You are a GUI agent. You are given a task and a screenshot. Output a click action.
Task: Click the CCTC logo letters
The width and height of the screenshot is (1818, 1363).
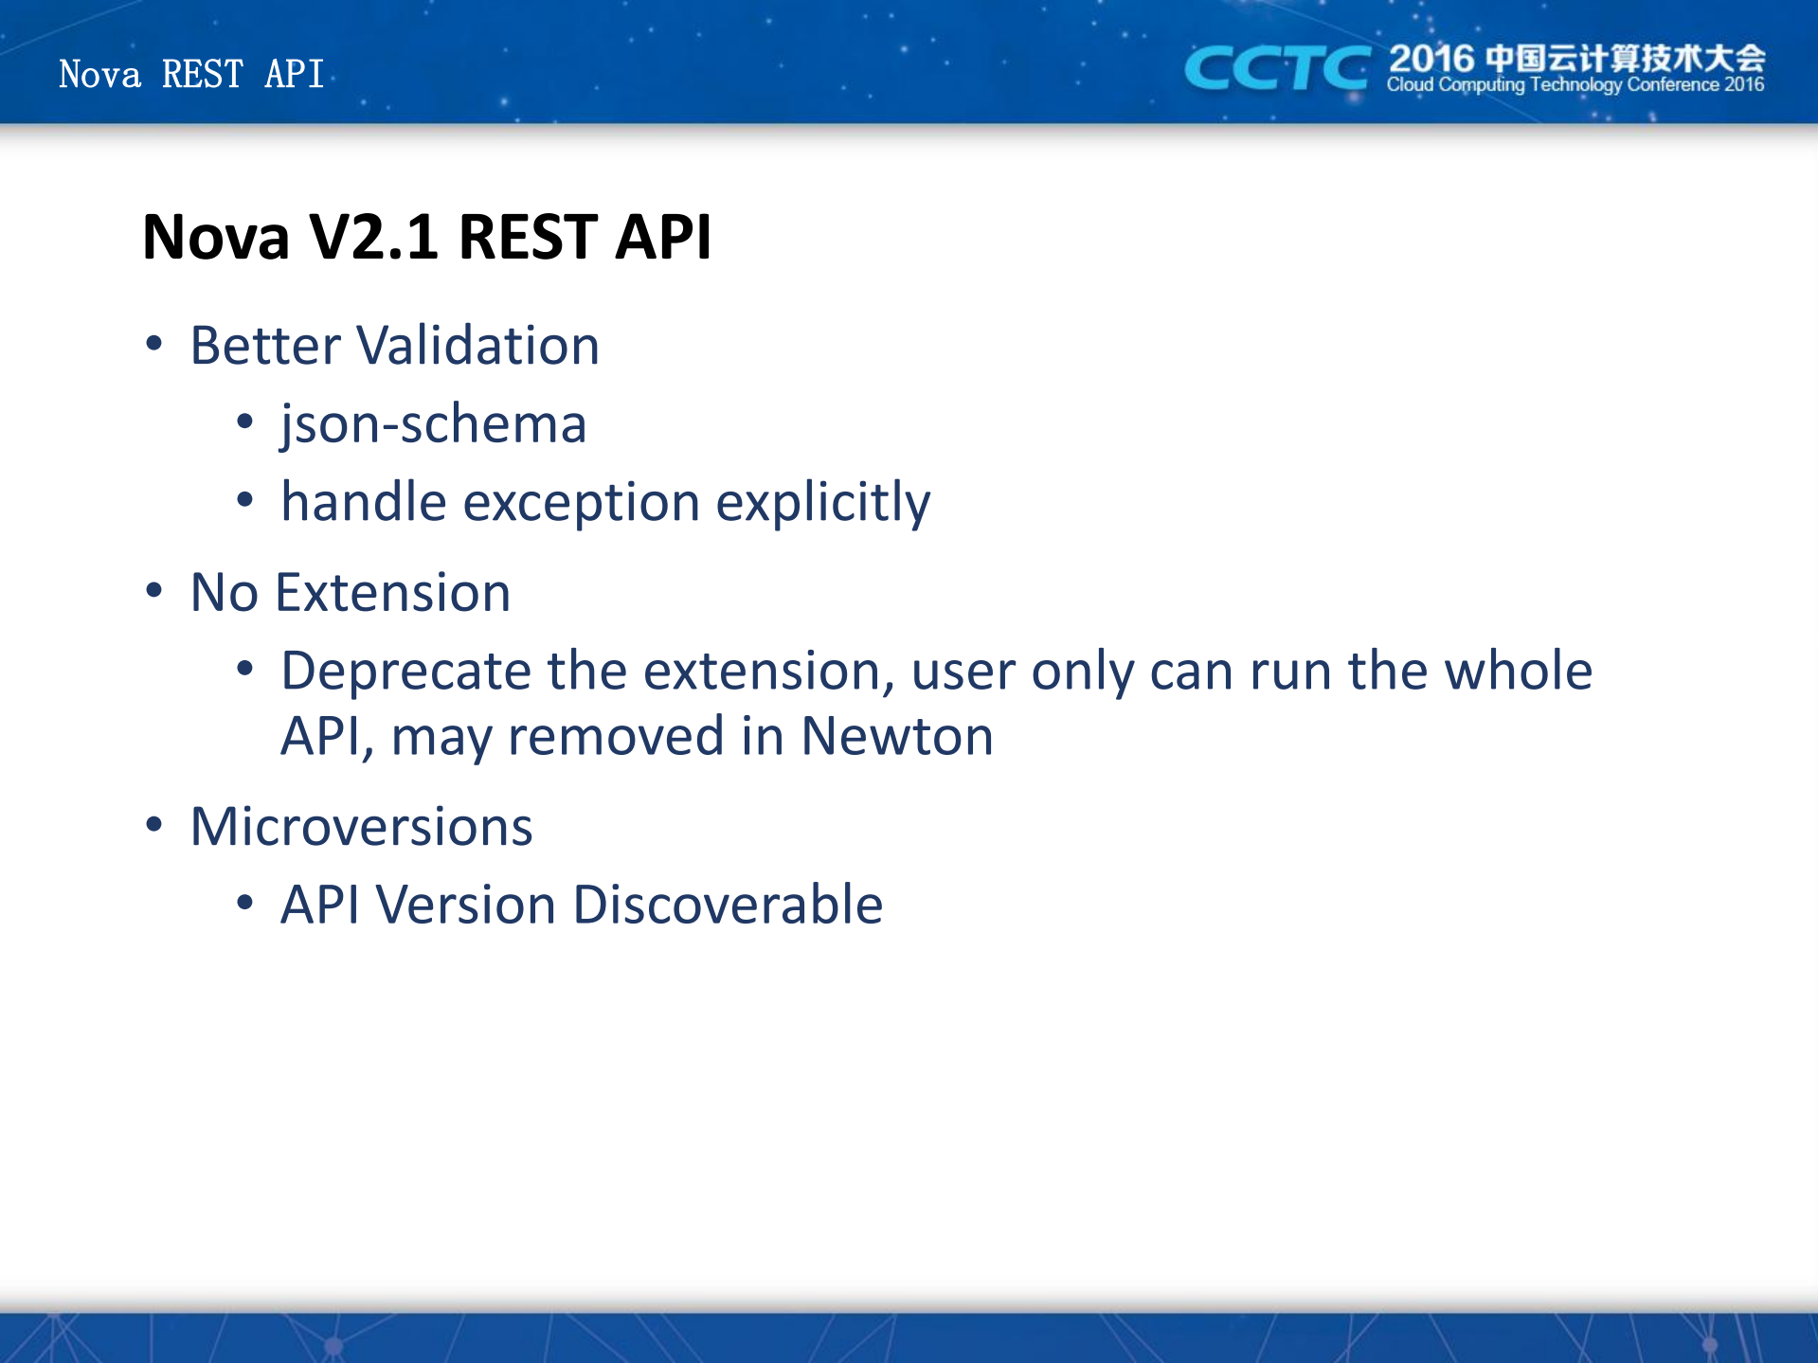(x=1277, y=69)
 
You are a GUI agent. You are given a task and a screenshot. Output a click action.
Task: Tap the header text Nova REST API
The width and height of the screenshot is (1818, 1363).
(x=191, y=74)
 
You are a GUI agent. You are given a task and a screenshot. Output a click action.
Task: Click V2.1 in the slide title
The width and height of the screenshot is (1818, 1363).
(x=373, y=236)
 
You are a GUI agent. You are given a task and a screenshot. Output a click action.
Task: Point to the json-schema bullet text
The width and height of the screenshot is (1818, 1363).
(x=434, y=424)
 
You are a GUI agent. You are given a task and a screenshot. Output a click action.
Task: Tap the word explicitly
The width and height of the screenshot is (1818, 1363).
(x=823, y=502)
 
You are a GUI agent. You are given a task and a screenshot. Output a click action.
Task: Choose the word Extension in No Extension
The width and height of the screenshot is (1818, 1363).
(x=392, y=593)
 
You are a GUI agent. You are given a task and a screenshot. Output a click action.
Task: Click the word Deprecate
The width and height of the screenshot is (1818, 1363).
(x=406, y=672)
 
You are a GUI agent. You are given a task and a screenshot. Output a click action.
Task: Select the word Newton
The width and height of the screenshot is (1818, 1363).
(x=897, y=736)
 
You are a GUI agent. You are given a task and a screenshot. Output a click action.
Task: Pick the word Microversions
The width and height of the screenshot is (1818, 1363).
(x=362, y=826)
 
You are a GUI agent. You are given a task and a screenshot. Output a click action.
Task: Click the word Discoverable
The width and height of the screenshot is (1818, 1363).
(x=728, y=905)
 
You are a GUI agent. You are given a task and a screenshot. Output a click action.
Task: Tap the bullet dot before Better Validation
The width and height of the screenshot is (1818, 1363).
(x=154, y=343)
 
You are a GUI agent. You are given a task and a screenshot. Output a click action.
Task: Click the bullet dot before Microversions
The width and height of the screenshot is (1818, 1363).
(x=154, y=824)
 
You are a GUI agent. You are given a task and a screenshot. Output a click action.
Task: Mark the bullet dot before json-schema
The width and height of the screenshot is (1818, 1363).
(x=245, y=421)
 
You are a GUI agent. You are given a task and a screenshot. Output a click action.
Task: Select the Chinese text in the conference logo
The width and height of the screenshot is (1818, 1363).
(x=1625, y=58)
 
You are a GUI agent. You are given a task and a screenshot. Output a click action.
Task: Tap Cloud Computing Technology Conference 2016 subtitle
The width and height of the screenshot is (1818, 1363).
(x=1575, y=85)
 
